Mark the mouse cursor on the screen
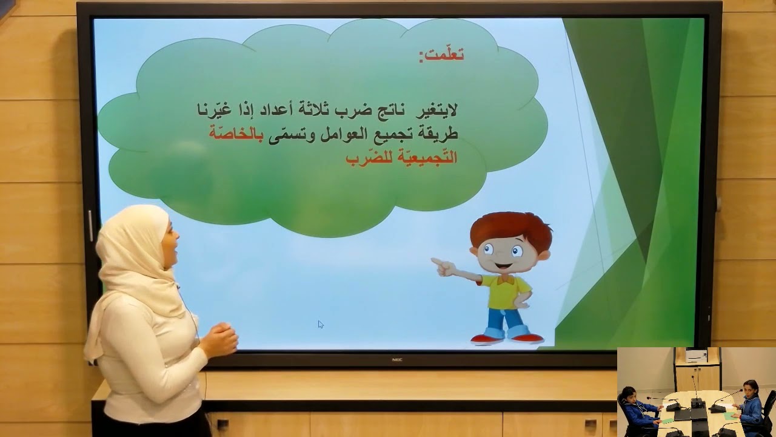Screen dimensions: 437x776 (320, 324)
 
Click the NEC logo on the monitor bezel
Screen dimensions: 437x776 (396, 359)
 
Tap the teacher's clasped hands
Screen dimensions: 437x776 (221, 340)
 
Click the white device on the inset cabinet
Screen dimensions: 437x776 (696, 355)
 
